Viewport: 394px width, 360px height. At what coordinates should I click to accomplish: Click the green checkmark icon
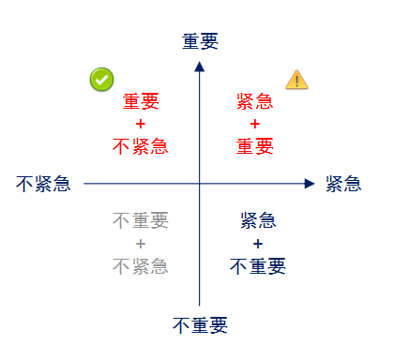(x=102, y=80)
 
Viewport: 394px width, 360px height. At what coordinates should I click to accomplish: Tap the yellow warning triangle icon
(x=297, y=80)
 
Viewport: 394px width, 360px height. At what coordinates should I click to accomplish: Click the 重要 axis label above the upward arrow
(x=200, y=41)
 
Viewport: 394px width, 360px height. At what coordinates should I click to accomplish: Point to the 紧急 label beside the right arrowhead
(x=343, y=184)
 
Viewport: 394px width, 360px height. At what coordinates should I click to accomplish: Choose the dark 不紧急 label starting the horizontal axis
(x=43, y=184)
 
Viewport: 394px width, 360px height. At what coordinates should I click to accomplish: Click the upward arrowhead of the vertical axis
(x=199, y=66)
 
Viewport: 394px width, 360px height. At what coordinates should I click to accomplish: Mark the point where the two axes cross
(x=199, y=184)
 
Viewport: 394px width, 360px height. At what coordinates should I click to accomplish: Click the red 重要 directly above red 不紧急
(x=141, y=101)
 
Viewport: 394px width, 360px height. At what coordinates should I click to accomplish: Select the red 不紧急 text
(x=140, y=146)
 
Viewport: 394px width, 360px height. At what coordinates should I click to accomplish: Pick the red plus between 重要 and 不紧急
(x=140, y=124)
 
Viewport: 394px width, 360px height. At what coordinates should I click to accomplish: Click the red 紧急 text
(x=255, y=101)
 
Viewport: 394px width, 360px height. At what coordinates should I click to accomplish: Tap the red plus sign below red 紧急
(x=255, y=124)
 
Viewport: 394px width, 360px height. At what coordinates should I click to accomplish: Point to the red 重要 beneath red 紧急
(x=255, y=146)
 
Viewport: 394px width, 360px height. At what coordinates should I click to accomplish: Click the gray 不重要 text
(x=140, y=221)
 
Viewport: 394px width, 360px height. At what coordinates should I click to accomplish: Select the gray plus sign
(x=140, y=244)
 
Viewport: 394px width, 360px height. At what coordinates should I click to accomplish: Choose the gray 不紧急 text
(x=140, y=266)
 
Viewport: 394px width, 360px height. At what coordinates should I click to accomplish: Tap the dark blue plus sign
(x=258, y=244)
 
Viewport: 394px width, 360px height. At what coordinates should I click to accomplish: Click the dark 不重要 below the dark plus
(x=258, y=266)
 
